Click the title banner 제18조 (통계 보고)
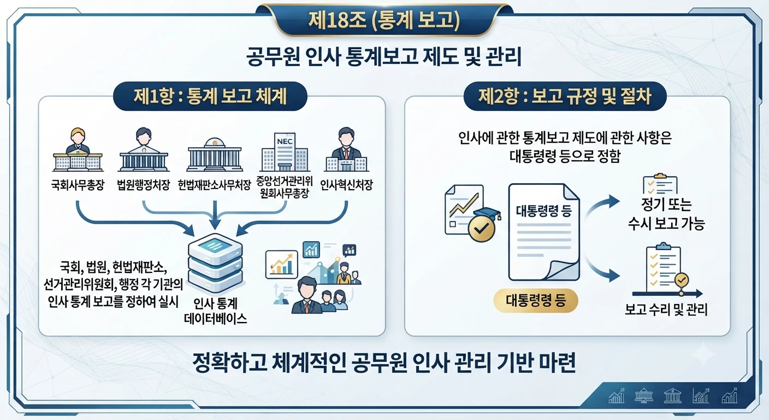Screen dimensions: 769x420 (384, 20)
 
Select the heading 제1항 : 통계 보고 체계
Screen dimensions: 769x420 (210, 96)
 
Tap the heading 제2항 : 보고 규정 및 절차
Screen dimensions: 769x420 (565, 96)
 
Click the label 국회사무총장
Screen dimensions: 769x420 (78, 185)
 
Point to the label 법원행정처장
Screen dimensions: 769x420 (144, 185)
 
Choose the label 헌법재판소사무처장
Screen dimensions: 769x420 (214, 185)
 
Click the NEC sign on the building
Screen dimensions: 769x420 (285, 141)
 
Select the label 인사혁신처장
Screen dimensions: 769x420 (346, 185)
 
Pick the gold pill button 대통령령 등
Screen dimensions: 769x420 (536, 300)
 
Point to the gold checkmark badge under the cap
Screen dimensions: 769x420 (482, 228)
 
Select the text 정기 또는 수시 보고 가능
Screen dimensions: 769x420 (666, 214)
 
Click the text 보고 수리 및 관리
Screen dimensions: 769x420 (666, 310)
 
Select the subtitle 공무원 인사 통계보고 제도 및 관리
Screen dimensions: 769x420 (384, 56)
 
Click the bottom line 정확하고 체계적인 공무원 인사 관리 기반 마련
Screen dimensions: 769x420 (384, 363)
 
